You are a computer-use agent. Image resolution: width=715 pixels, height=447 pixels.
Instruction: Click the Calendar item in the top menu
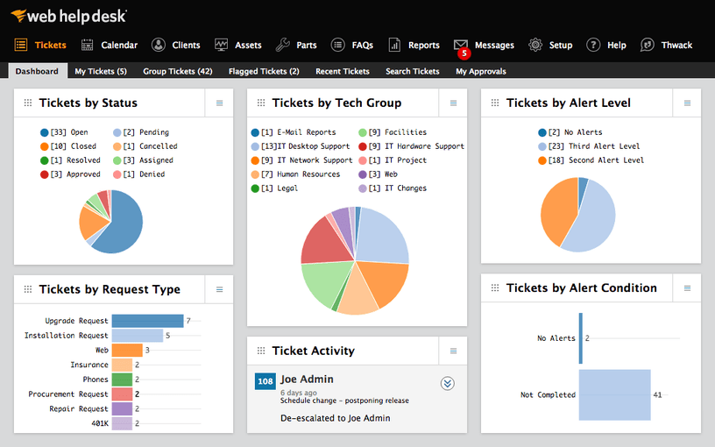(110, 45)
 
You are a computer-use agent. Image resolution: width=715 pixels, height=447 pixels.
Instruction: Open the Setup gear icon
(535, 45)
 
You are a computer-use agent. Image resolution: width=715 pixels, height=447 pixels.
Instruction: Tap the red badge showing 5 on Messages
(464, 53)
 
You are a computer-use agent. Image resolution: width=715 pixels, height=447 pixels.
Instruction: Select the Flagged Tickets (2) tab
(264, 71)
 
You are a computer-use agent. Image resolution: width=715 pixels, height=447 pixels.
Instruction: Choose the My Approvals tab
(481, 71)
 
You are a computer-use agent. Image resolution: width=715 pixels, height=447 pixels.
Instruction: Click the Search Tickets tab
(413, 71)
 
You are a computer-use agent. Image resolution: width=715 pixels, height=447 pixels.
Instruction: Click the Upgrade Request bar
(147, 321)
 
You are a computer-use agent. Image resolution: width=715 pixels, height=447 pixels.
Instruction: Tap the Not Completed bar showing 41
(614, 394)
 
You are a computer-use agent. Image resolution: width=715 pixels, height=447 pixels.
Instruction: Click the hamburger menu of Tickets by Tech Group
(453, 103)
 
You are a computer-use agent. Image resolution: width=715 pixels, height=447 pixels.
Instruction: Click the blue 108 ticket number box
(265, 381)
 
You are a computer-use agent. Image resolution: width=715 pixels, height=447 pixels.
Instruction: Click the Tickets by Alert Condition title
(581, 287)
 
